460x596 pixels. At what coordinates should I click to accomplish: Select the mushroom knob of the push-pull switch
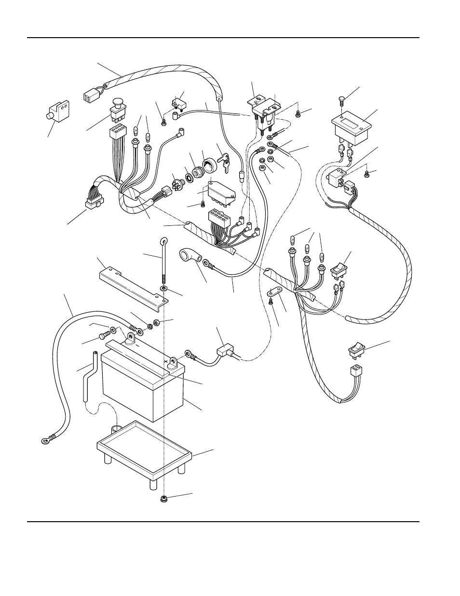click(118, 102)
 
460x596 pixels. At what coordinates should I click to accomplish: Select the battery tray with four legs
click(144, 449)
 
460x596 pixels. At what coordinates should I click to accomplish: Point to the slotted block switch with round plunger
click(59, 112)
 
